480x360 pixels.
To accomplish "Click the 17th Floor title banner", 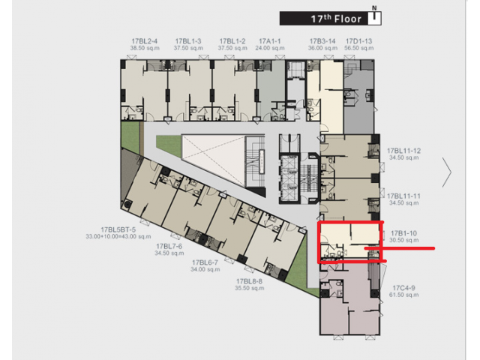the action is (330, 19).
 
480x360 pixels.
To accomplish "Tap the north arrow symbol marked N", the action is (374, 15).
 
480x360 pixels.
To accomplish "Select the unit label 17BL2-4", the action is (145, 41).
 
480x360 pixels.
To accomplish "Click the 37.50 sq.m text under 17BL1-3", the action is (188, 48).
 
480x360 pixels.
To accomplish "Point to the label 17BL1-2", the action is (232, 41).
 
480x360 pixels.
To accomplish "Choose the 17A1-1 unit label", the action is (270, 41).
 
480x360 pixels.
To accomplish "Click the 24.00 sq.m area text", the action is (270, 48).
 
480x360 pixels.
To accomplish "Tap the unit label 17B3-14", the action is (322, 41).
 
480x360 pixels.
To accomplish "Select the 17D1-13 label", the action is (358, 41).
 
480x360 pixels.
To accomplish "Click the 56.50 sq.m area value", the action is (358, 48).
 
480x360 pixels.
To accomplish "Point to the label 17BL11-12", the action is (403, 151).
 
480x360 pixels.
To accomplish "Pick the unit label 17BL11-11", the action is (403, 196).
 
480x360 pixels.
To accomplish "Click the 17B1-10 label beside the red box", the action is (403, 233).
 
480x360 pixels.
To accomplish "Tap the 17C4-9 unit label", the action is (403, 288).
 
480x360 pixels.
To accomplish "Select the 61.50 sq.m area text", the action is (403, 295).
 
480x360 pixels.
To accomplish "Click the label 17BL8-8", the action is (249, 281).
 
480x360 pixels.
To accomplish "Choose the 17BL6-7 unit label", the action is (205, 262).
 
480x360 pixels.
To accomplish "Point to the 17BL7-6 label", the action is (169, 247).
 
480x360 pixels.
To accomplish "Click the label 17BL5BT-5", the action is (118, 229).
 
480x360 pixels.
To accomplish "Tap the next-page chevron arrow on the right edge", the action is (447, 172).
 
